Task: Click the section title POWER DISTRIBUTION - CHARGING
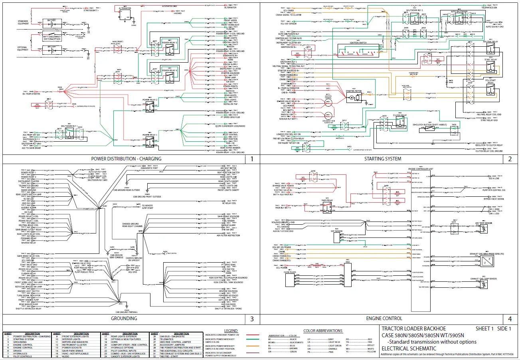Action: [127, 159]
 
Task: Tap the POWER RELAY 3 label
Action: [169, 43]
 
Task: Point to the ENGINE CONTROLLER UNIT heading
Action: [420, 170]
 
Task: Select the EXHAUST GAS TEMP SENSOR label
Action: [483, 279]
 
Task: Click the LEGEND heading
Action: [231, 331]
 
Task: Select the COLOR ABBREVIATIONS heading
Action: [323, 331]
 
